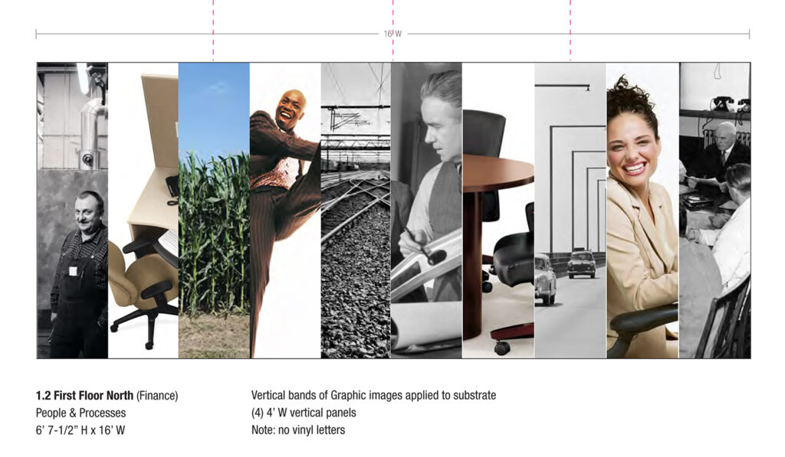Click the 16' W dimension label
392,34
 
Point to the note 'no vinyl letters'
298,430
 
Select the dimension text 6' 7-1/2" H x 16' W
80,430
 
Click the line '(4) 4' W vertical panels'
304,413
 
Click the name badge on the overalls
74,270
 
